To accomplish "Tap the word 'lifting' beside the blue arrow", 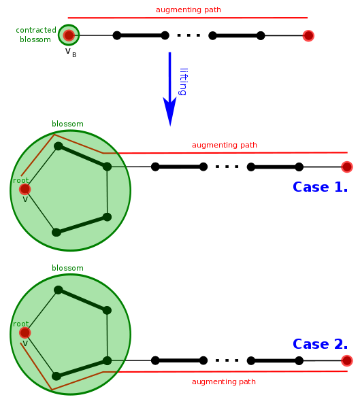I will [x=183, y=81].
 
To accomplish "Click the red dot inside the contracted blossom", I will [x=68, y=35].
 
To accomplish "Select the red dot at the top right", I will [x=308, y=35].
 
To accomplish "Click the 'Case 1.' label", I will [x=320, y=186].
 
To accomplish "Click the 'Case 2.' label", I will [x=320, y=344].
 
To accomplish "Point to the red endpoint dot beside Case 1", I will [x=347, y=167].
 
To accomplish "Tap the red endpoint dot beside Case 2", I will [x=347, y=360].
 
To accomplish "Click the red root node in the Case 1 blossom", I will [x=25, y=189].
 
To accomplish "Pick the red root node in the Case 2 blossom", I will [x=25, y=333].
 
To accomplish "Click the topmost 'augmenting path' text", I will [x=189, y=10].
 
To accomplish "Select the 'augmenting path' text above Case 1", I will [x=224, y=145].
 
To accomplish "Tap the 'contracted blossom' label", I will [x=36, y=34].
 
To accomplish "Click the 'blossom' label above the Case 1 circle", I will [x=67, y=124].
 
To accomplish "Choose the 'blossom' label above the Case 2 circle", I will [x=67, y=268].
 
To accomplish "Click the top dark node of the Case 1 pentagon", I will [x=59, y=146].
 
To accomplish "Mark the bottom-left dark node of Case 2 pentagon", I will [x=56, y=376].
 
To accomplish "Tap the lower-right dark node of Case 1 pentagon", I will [x=107, y=217].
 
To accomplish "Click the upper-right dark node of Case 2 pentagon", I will [x=107, y=310].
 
